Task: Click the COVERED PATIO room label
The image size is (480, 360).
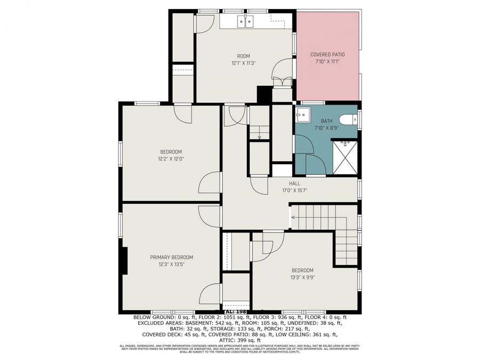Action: pos(327,54)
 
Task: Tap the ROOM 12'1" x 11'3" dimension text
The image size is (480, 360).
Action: pos(243,63)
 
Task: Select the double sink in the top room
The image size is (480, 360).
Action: pos(245,22)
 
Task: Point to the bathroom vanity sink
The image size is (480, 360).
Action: pos(303,114)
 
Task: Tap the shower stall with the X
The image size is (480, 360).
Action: pos(345,156)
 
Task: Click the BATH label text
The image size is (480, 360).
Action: pos(326,121)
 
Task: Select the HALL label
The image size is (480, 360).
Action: pos(294,183)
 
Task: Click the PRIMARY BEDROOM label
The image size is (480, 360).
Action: pos(171,257)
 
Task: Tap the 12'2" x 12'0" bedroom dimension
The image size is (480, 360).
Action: pos(171,158)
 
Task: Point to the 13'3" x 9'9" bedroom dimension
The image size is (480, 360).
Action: pos(302,277)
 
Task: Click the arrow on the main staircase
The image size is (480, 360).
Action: pos(292,218)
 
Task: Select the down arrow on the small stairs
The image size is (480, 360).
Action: pos(259,137)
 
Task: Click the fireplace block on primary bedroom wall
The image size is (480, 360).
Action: pos(125,261)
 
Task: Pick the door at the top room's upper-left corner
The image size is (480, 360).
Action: pos(204,23)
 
